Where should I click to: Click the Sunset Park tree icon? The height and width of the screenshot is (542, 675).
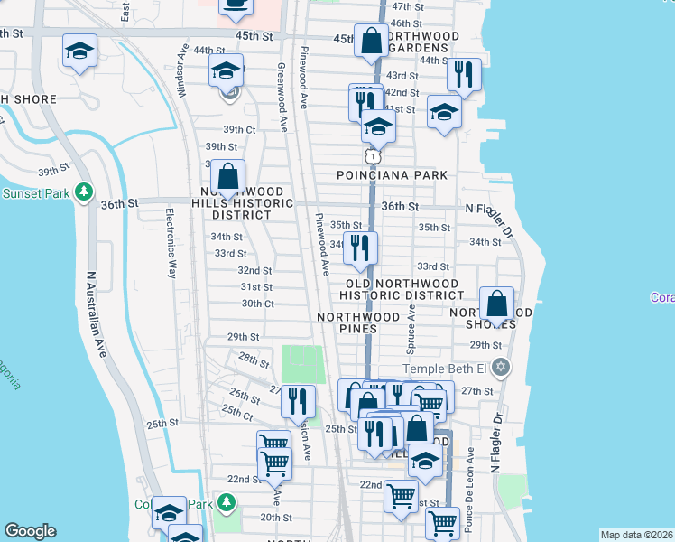[x=84, y=192]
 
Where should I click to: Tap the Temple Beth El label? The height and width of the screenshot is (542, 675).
[x=446, y=368]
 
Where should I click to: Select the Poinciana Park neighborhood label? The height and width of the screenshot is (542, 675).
[x=392, y=174]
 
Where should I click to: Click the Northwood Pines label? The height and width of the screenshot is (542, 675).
[x=358, y=322]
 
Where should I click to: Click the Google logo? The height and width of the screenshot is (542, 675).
[x=30, y=531]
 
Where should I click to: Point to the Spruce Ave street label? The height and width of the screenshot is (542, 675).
[x=412, y=329]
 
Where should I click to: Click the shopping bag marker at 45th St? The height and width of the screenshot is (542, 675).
[x=371, y=41]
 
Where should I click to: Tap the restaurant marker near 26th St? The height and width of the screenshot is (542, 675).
[x=298, y=401]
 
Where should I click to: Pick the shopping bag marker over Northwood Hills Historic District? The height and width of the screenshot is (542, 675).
[x=228, y=176]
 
